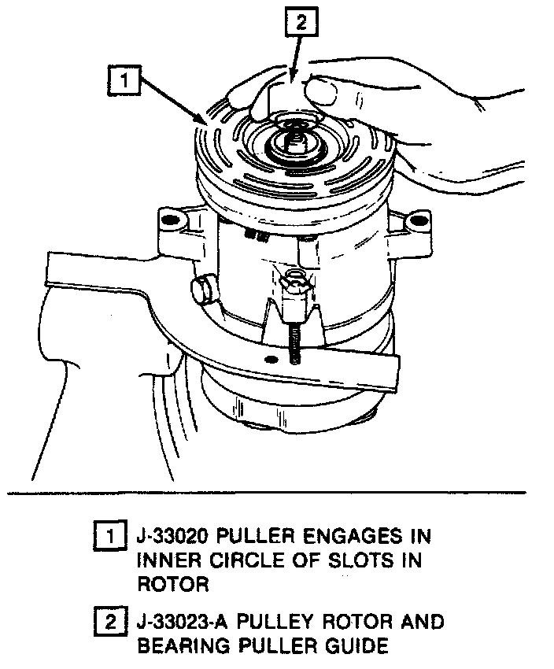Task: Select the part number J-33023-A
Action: coord(184,623)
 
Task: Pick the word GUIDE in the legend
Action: coord(354,646)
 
